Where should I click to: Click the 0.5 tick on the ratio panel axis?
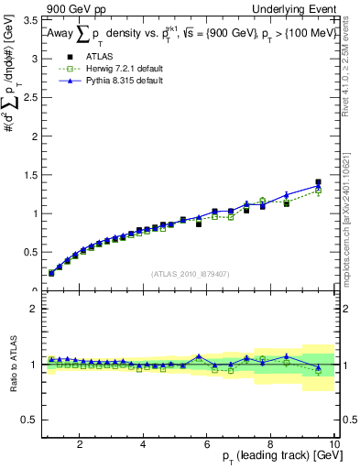(x=31, y=420)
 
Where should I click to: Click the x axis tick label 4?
(x=143, y=445)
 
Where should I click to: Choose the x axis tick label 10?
(x=333, y=445)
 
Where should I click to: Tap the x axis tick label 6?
(x=207, y=445)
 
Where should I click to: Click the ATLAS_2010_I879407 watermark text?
(x=191, y=273)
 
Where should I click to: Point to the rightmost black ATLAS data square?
(x=318, y=182)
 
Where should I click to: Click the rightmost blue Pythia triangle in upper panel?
(x=318, y=187)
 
